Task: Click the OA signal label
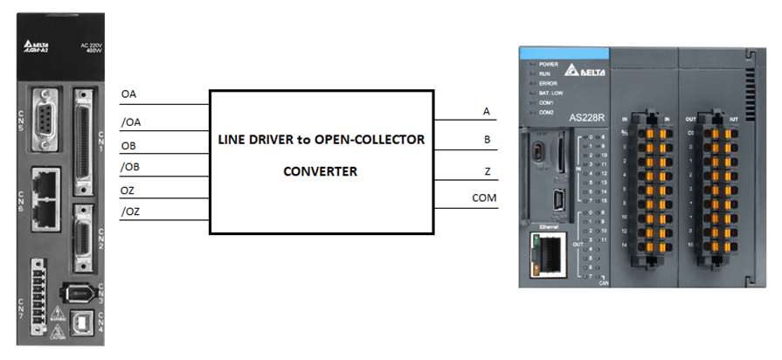(x=128, y=93)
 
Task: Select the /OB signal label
(x=130, y=167)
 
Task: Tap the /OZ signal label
(x=130, y=211)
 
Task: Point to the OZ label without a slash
(x=128, y=190)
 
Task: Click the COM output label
(x=484, y=197)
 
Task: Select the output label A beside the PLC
(x=486, y=111)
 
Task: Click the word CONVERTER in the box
(x=320, y=171)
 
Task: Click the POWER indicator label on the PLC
(x=550, y=65)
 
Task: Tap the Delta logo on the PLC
(x=578, y=72)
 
